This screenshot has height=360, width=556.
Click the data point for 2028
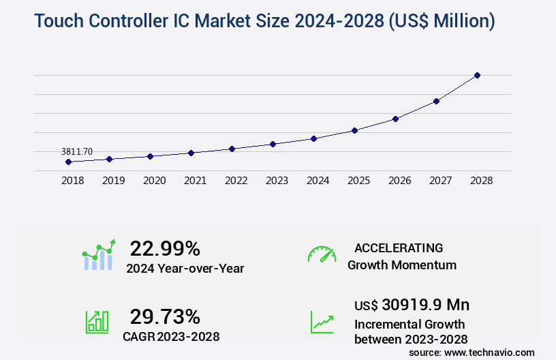click(x=477, y=75)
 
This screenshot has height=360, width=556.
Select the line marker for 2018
click(x=68, y=162)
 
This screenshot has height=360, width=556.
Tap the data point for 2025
click(x=354, y=130)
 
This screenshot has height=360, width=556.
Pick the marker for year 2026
click(x=395, y=119)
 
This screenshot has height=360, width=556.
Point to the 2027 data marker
click(x=436, y=101)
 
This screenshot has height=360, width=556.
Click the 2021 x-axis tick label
click(x=195, y=181)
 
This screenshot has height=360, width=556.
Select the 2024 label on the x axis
click(x=318, y=181)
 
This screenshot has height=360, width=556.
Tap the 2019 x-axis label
click(x=113, y=181)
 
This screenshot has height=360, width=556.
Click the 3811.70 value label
click(x=77, y=151)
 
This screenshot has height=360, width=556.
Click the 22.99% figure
click(x=165, y=248)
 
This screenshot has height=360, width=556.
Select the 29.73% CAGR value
click(x=165, y=316)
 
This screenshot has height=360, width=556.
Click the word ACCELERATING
click(x=399, y=248)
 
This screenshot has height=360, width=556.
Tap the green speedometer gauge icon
click(x=322, y=254)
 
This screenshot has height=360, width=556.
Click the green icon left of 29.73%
click(x=97, y=322)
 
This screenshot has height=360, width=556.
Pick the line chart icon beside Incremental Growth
click(x=322, y=322)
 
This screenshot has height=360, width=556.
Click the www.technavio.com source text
click(x=489, y=352)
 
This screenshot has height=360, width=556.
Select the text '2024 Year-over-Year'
click(x=185, y=268)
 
